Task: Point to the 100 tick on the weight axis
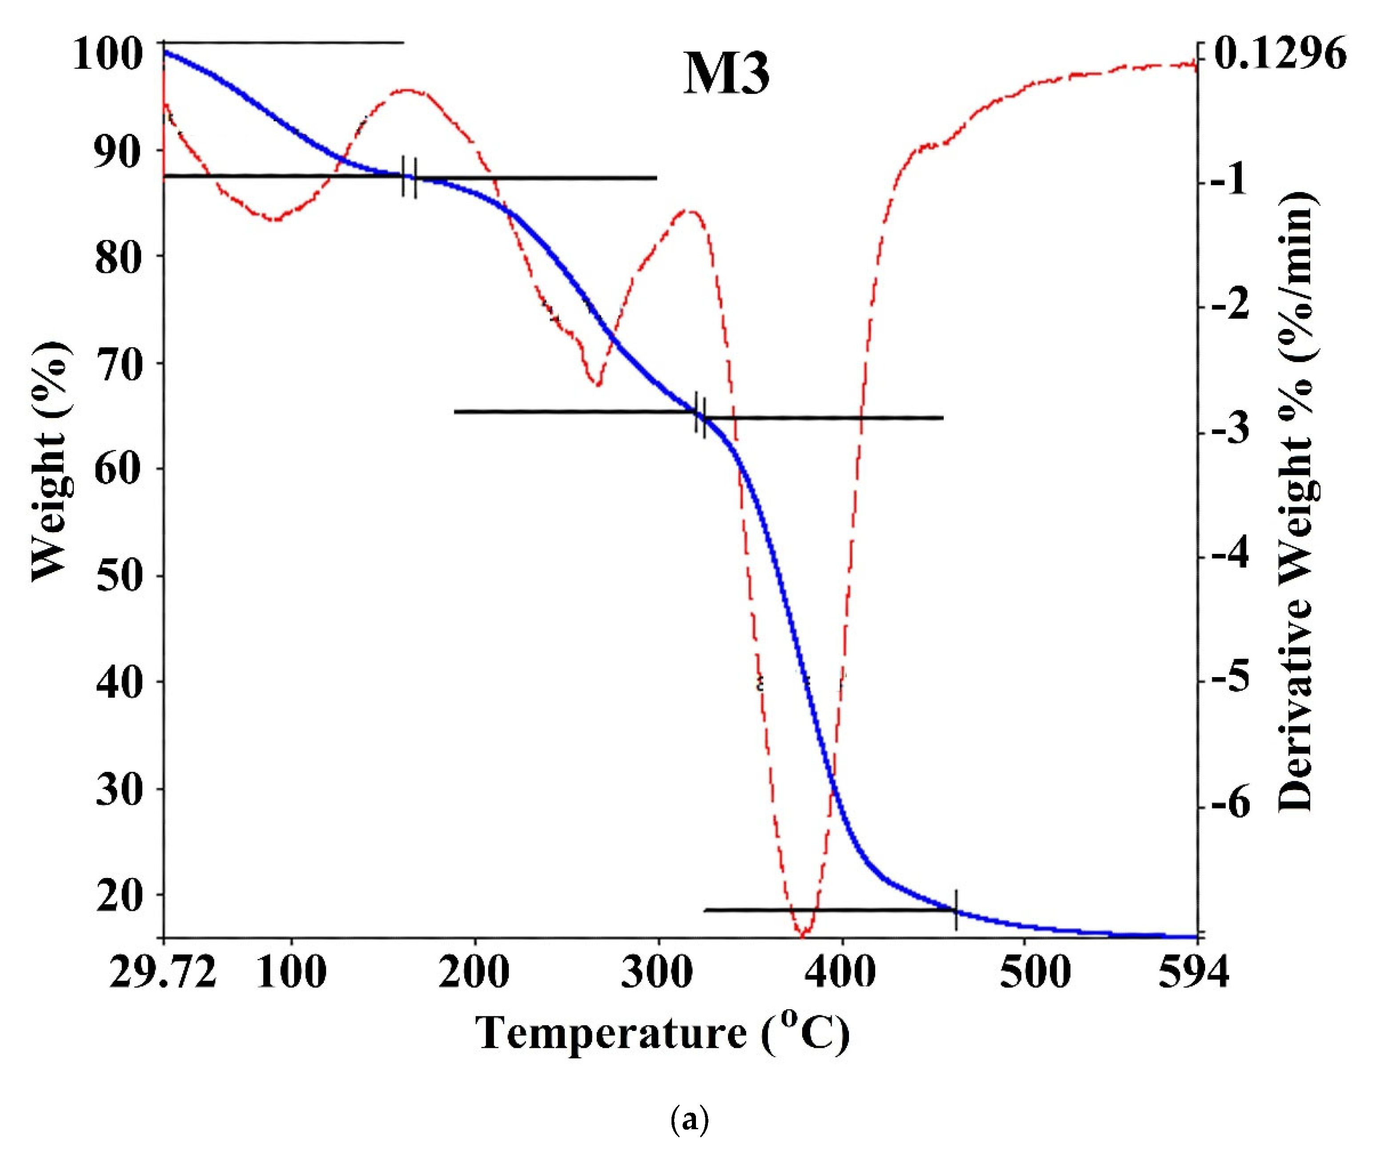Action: tap(108, 54)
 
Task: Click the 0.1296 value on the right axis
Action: tap(1280, 54)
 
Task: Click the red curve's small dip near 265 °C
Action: tap(596, 383)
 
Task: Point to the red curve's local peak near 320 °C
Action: tap(690, 211)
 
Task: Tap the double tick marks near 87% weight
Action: tap(409, 177)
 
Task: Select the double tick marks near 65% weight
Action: tap(700, 414)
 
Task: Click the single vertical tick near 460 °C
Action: tap(957, 910)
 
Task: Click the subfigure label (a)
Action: tap(689, 1122)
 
